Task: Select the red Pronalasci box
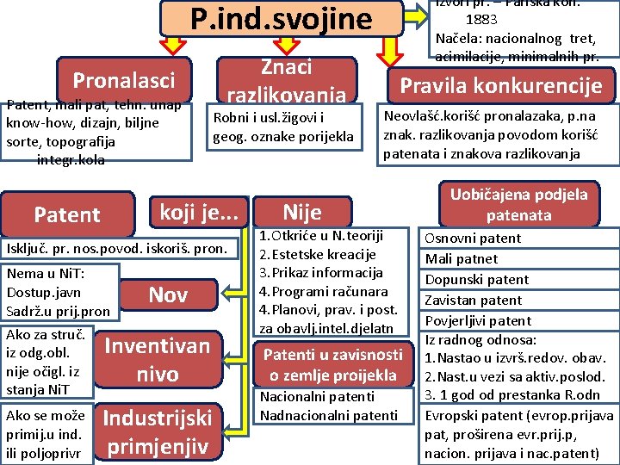123,80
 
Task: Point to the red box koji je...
199,210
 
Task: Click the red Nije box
302,212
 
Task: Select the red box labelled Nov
168,295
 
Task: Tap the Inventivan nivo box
157,360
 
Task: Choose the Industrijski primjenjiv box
157,432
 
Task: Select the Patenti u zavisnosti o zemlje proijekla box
332,364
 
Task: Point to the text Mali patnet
461,258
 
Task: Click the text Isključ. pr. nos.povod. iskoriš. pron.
117,249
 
